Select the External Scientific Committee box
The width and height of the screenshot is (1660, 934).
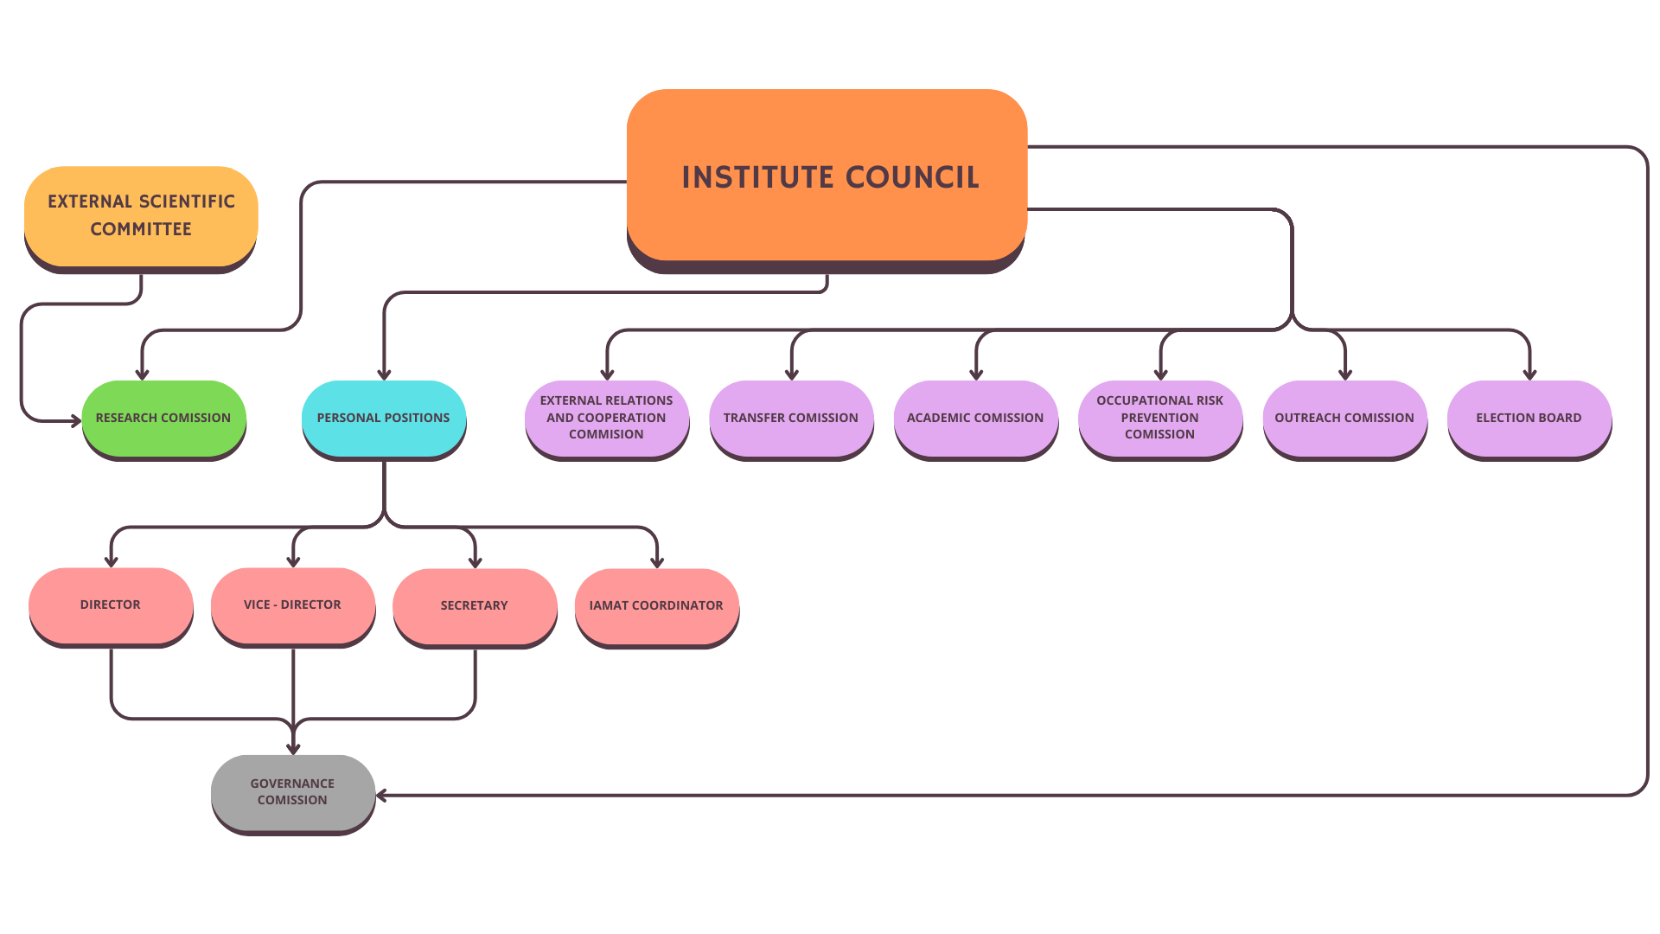pyautogui.click(x=141, y=215)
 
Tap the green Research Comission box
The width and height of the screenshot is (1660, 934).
pyautogui.click(x=163, y=418)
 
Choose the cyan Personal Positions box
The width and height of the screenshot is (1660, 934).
pyautogui.click(x=383, y=418)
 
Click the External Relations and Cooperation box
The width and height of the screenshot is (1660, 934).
pyautogui.click(x=606, y=418)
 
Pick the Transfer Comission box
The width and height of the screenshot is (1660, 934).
pyautogui.click(x=790, y=418)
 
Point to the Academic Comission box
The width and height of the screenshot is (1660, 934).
pyautogui.click(x=975, y=418)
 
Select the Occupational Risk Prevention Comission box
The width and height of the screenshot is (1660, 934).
pyautogui.click(x=1159, y=418)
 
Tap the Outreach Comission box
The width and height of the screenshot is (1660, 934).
pyautogui.click(x=1344, y=418)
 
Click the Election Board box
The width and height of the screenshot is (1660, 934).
pyautogui.click(x=1529, y=418)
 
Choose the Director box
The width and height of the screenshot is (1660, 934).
pyautogui.click(x=110, y=605)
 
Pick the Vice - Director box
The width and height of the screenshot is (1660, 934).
pyautogui.click(x=292, y=605)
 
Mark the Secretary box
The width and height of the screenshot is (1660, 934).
pyautogui.click(x=474, y=605)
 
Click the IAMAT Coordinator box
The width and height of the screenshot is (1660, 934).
pyautogui.click(x=656, y=605)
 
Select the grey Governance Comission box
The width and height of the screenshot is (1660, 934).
pyautogui.click(x=292, y=792)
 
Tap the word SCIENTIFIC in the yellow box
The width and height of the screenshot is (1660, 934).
pyautogui.click(x=184, y=202)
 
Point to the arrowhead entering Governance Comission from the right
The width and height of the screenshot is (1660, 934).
pyautogui.click(x=381, y=796)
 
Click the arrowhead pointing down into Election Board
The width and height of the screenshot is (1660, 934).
pyautogui.click(x=1529, y=375)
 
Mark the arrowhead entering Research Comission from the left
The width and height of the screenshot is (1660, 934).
pyautogui.click(x=76, y=421)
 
